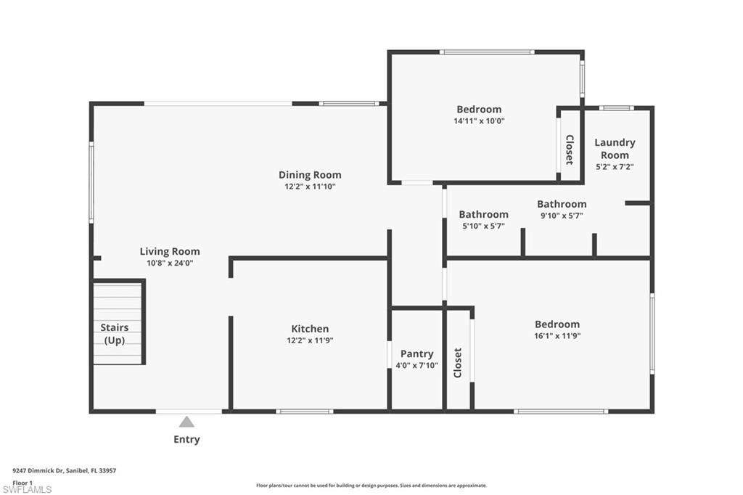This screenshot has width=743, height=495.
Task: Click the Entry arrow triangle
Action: click(186, 422)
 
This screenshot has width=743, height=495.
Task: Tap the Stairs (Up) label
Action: click(115, 334)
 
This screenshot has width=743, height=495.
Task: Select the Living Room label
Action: click(170, 252)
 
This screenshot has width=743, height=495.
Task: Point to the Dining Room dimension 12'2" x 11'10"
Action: click(310, 187)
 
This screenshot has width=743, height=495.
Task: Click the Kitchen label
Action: click(310, 329)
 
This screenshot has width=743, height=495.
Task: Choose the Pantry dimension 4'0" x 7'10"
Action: click(416, 365)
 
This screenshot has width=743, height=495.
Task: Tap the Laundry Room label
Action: click(615, 149)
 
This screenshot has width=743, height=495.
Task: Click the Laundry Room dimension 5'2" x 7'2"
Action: click(615, 167)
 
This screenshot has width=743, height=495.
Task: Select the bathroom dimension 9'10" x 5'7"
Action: click(562, 216)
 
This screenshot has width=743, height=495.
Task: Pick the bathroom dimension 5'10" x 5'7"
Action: click(483, 226)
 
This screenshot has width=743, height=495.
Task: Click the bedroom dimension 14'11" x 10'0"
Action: click(479, 121)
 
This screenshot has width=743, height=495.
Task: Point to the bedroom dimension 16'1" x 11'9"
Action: click(557, 336)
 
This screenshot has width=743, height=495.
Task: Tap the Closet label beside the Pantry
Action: click(458, 363)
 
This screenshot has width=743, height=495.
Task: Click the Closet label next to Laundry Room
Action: click(570, 150)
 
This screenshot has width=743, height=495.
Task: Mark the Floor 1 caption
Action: click(22, 482)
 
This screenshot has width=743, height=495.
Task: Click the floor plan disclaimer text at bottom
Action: click(371, 486)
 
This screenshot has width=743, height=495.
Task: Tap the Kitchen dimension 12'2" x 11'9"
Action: click(310, 340)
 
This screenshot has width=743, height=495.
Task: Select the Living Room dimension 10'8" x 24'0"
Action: click(170, 263)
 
